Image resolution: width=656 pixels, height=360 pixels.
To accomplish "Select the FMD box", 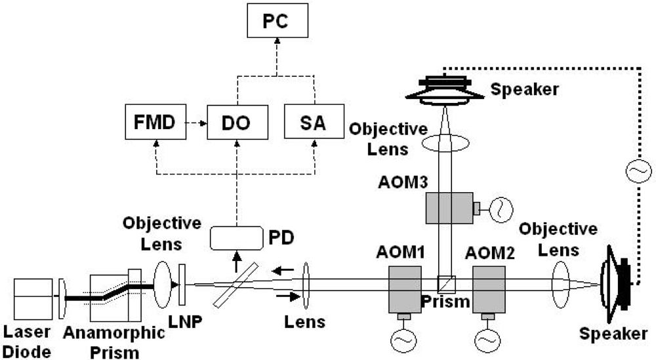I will [x=157, y=123].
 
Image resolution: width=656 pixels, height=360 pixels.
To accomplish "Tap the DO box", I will [x=236, y=123].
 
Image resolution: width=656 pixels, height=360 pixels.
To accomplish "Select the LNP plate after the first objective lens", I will [x=183, y=285].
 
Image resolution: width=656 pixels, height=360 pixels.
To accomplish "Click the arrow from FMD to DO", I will [x=195, y=123].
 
